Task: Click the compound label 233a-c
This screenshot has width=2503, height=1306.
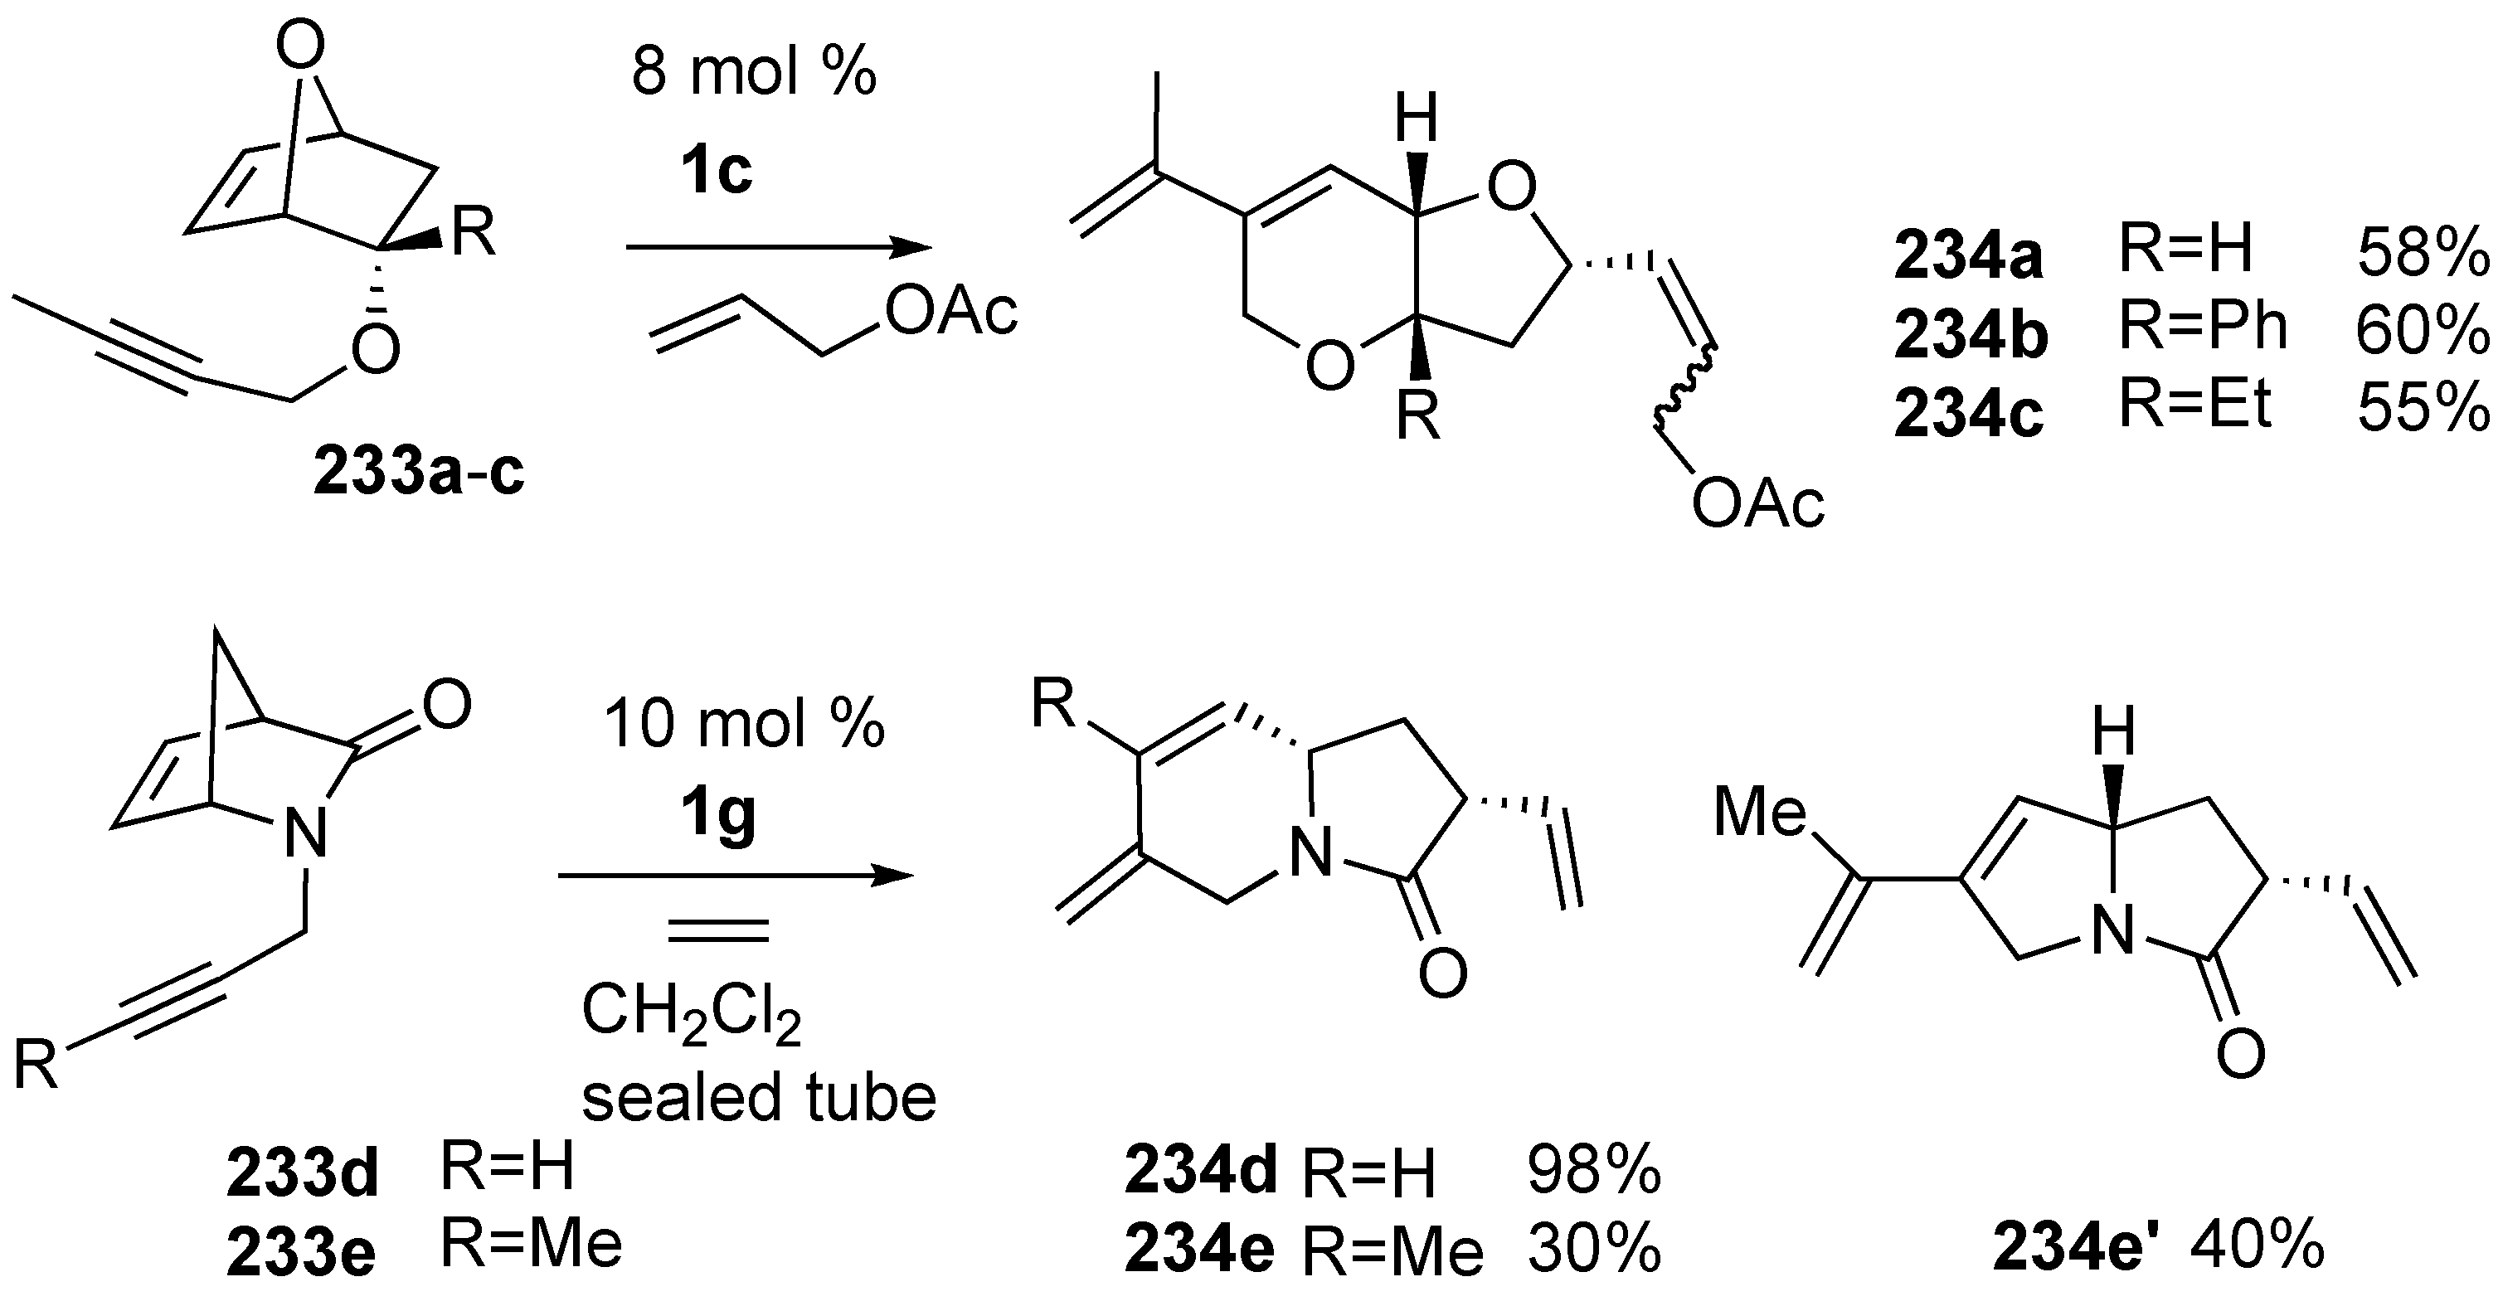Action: point(419,473)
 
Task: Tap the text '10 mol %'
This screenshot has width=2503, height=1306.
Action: point(744,724)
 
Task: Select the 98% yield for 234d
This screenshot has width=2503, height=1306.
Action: point(1593,1169)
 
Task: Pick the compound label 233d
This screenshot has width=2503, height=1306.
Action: point(302,1172)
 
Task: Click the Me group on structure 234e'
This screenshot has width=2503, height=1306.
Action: point(1760,813)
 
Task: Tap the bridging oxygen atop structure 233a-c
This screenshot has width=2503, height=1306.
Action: point(299,49)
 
